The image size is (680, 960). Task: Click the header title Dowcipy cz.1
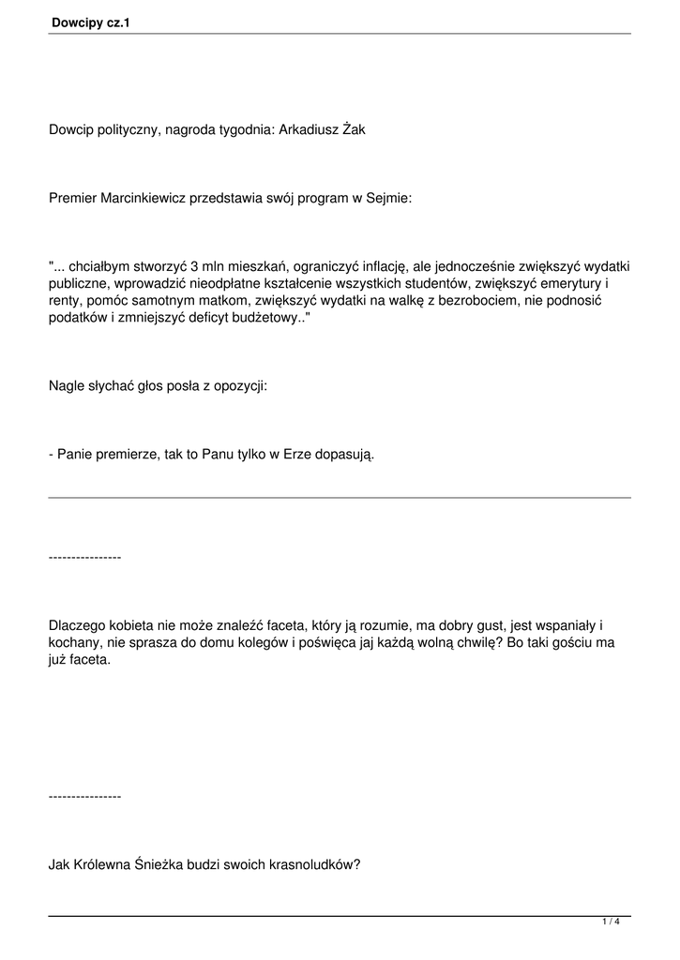point(91,18)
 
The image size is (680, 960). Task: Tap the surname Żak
point(354,129)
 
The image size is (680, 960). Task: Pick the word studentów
point(437,284)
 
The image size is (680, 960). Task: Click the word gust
point(476,625)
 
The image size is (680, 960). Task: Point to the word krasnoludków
point(317,866)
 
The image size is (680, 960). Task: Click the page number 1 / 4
point(611,922)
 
